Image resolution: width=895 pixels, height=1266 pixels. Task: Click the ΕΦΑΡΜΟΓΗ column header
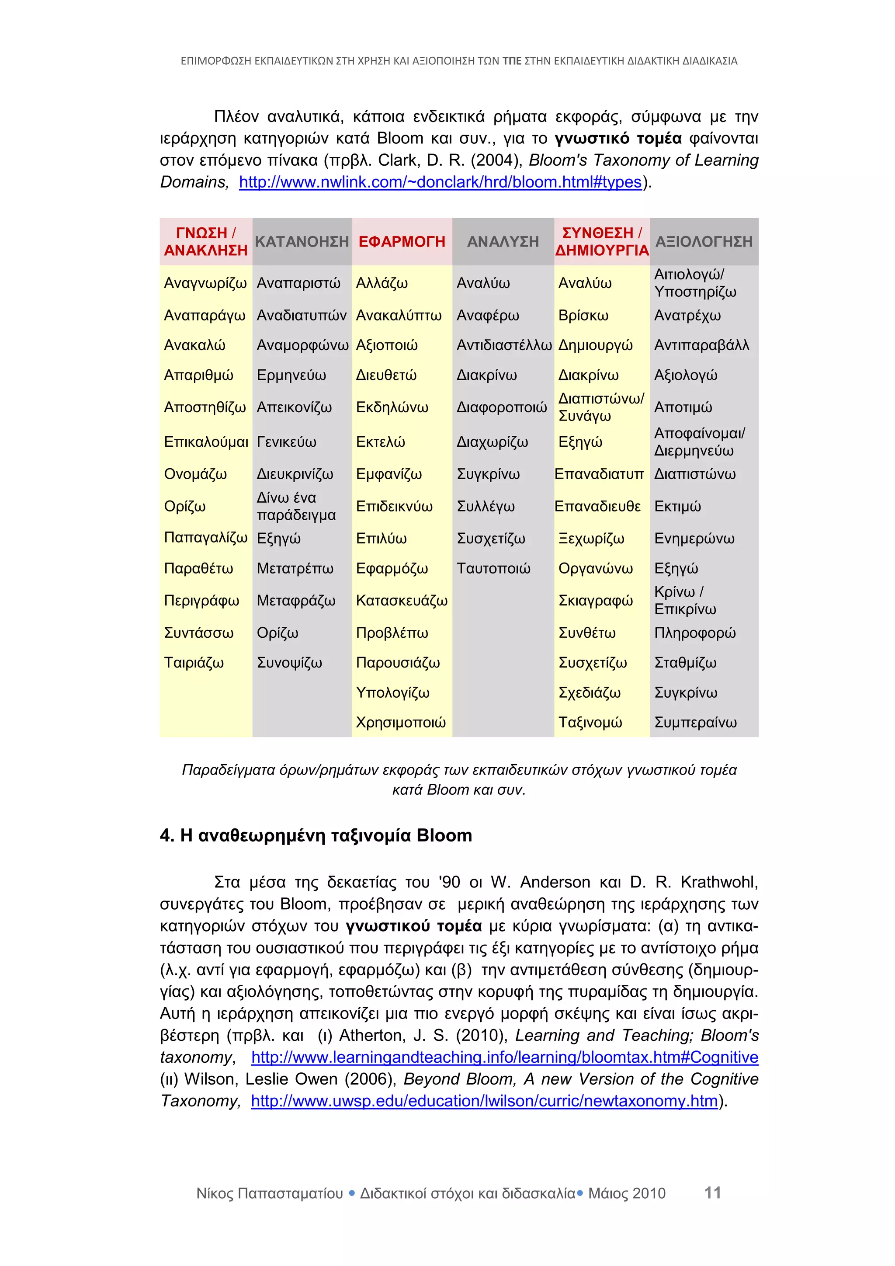402,241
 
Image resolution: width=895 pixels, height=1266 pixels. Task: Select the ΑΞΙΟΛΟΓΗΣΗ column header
704,241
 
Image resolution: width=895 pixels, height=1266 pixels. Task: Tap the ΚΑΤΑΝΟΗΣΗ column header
302,241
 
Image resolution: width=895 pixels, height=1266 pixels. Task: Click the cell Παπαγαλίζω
205,538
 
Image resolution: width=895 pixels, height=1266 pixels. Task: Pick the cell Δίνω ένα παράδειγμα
296,506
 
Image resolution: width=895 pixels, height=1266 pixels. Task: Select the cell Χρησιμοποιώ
401,722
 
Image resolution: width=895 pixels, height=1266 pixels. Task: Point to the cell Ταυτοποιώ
493,568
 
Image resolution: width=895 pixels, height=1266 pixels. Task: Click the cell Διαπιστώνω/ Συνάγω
601,407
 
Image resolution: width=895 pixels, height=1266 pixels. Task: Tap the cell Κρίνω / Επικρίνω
685,601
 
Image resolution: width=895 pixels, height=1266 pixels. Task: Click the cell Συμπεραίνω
695,722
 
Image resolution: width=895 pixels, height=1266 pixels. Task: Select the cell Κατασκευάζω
402,601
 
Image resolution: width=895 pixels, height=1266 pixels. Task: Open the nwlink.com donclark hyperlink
440,182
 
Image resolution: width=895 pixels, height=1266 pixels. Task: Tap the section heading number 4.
166,836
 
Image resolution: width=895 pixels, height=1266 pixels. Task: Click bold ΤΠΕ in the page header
511,61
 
